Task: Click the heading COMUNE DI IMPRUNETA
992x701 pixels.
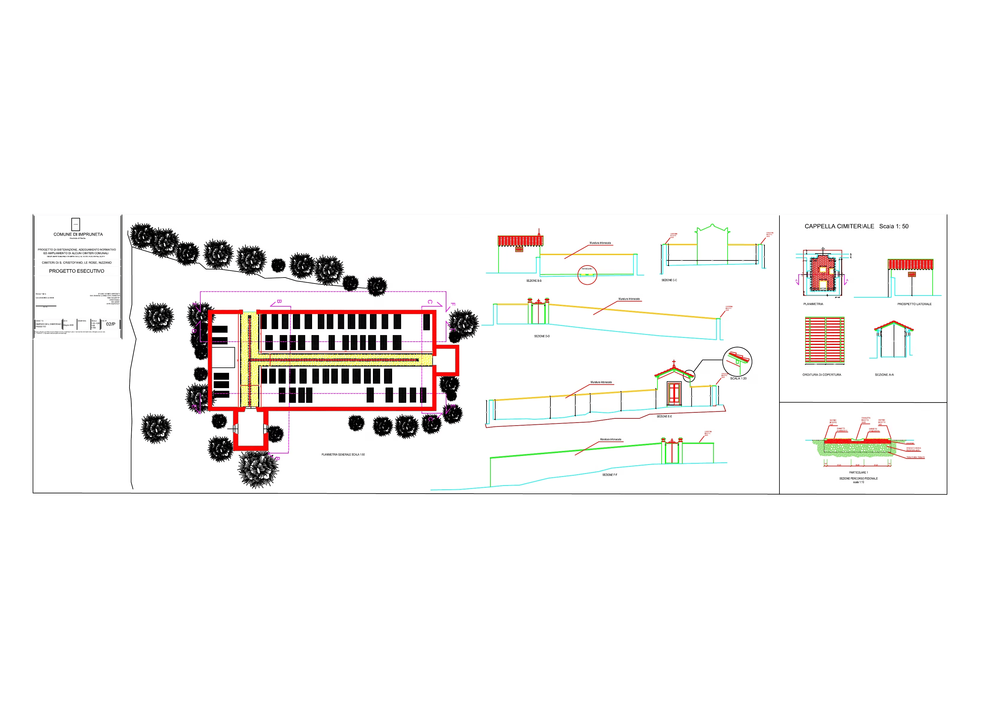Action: (x=78, y=235)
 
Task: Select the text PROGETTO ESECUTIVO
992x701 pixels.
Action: (x=76, y=271)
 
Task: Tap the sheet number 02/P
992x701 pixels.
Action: (x=111, y=324)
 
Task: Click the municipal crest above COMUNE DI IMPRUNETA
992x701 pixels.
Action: (x=76, y=224)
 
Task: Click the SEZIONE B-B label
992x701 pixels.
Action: (x=534, y=281)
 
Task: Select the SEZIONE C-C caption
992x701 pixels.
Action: (x=669, y=280)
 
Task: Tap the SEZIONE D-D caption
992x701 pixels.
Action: (x=542, y=336)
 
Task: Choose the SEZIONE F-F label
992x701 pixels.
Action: (x=610, y=475)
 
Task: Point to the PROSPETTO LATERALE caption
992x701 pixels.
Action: (x=914, y=304)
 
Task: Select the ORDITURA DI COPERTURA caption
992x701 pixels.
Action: (x=821, y=375)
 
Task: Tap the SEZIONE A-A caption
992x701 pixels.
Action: (x=884, y=375)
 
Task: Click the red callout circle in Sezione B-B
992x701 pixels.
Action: (x=587, y=275)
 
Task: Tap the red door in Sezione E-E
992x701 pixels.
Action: (x=674, y=394)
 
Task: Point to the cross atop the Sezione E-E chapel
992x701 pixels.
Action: (x=674, y=363)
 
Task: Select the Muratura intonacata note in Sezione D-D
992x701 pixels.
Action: (x=629, y=299)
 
